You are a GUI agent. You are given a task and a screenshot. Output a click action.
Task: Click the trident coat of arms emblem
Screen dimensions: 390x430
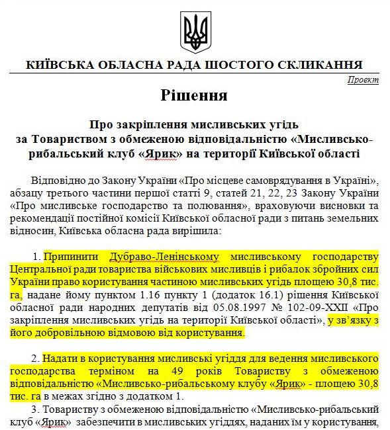point(194,30)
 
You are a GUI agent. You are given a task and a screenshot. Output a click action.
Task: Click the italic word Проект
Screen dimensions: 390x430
point(363,80)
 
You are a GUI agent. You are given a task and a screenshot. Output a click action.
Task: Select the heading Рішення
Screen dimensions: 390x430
point(194,95)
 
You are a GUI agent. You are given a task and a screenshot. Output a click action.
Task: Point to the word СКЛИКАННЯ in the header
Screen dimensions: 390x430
point(319,65)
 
